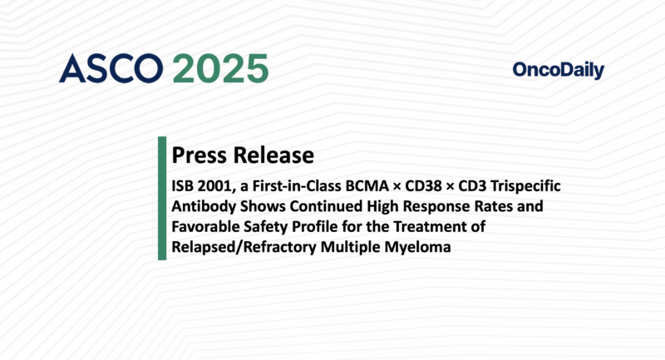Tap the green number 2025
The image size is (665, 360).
point(220,70)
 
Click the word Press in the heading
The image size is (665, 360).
point(196,155)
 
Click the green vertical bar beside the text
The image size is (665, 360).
point(162,200)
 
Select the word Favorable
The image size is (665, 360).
point(204,226)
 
